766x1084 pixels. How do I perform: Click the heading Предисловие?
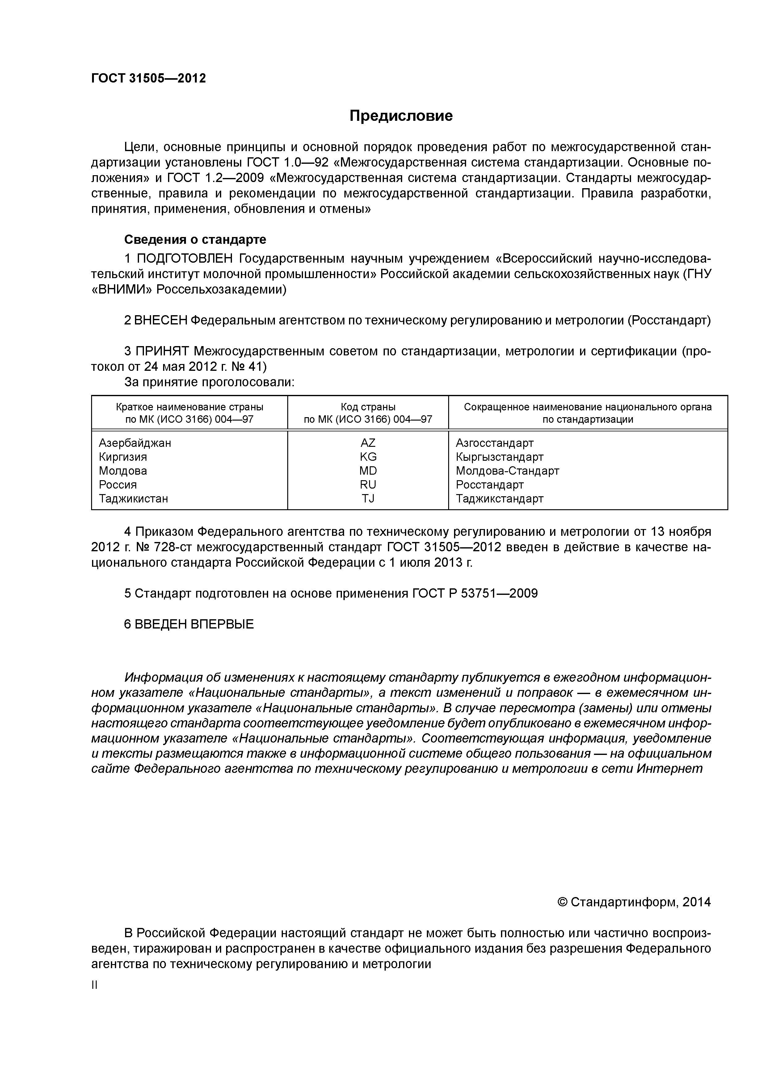(x=401, y=116)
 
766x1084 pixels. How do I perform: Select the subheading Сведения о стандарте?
(x=195, y=240)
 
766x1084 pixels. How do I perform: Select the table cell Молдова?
(x=123, y=471)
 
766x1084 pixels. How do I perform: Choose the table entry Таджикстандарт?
(x=499, y=498)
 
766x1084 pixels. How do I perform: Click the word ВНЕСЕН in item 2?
(x=161, y=320)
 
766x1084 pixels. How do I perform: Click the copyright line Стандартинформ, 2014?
(x=634, y=902)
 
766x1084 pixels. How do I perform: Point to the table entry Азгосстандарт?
(x=495, y=443)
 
